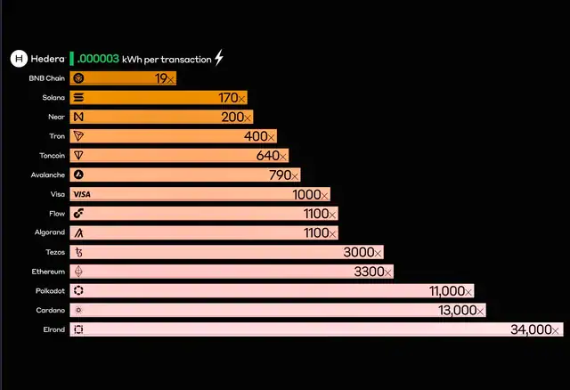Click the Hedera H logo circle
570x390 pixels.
[18, 59]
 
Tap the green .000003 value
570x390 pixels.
[98, 59]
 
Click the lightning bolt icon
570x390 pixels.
[219, 59]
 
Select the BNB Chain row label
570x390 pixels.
[46, 78]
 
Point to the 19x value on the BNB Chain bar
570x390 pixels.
[164, 78]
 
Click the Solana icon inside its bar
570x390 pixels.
[78, 98]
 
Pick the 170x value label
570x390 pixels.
[232, 98]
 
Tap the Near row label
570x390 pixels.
[55, 117]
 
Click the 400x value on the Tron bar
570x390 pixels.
[260, 136]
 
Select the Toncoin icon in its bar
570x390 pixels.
[78, 156]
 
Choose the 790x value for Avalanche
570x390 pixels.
[284, 175]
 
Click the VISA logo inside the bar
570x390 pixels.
[82, 194]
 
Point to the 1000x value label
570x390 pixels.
[311, 194]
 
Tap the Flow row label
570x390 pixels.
[57, 214]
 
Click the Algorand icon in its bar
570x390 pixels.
[78, 233]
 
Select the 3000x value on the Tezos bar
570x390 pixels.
[363, 253]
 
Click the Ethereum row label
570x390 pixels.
[48, 272]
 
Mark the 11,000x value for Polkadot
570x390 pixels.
[451, 291]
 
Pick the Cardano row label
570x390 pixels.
[50, 311]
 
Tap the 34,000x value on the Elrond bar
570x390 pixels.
[536, 329]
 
